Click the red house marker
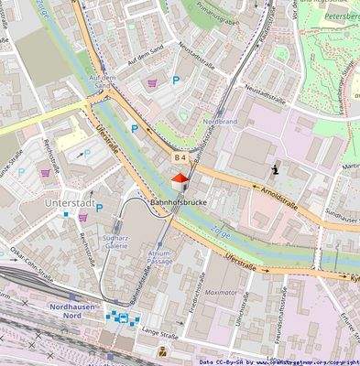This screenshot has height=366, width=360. tap(181, 178)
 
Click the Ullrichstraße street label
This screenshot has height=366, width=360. tap(240, 312)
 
